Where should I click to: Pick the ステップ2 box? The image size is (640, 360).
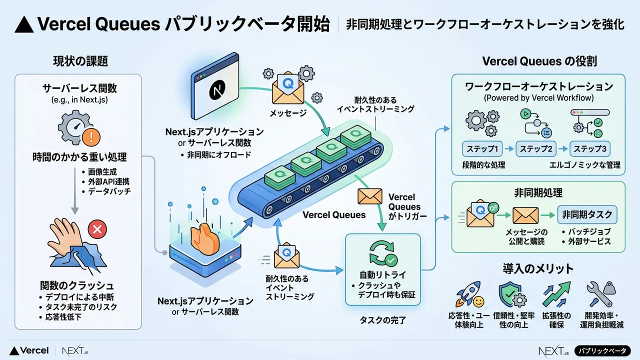click(536, 149)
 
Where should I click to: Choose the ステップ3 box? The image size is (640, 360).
click(590, 149)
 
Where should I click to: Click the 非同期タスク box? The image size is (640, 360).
click(587, 214)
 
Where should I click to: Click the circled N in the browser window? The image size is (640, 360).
click(217, 92)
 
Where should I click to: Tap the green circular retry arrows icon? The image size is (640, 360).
click(382, 253)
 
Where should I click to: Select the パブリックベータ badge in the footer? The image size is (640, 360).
click(602, 351)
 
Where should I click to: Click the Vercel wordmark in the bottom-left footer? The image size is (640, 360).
click(29, 351)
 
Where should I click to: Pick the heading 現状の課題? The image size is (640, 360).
click(80, 62)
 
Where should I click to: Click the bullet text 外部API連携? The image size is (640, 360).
click(108, 181)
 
